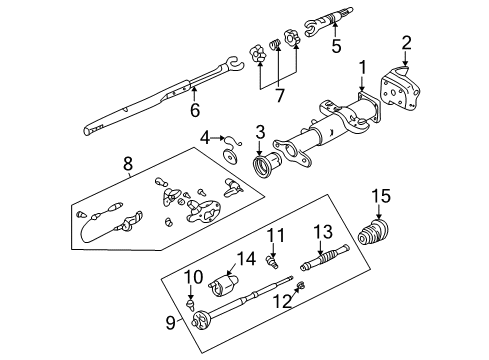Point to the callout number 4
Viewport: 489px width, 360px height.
[x=203, y=138]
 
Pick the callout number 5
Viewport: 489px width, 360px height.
[x=336, y=45]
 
